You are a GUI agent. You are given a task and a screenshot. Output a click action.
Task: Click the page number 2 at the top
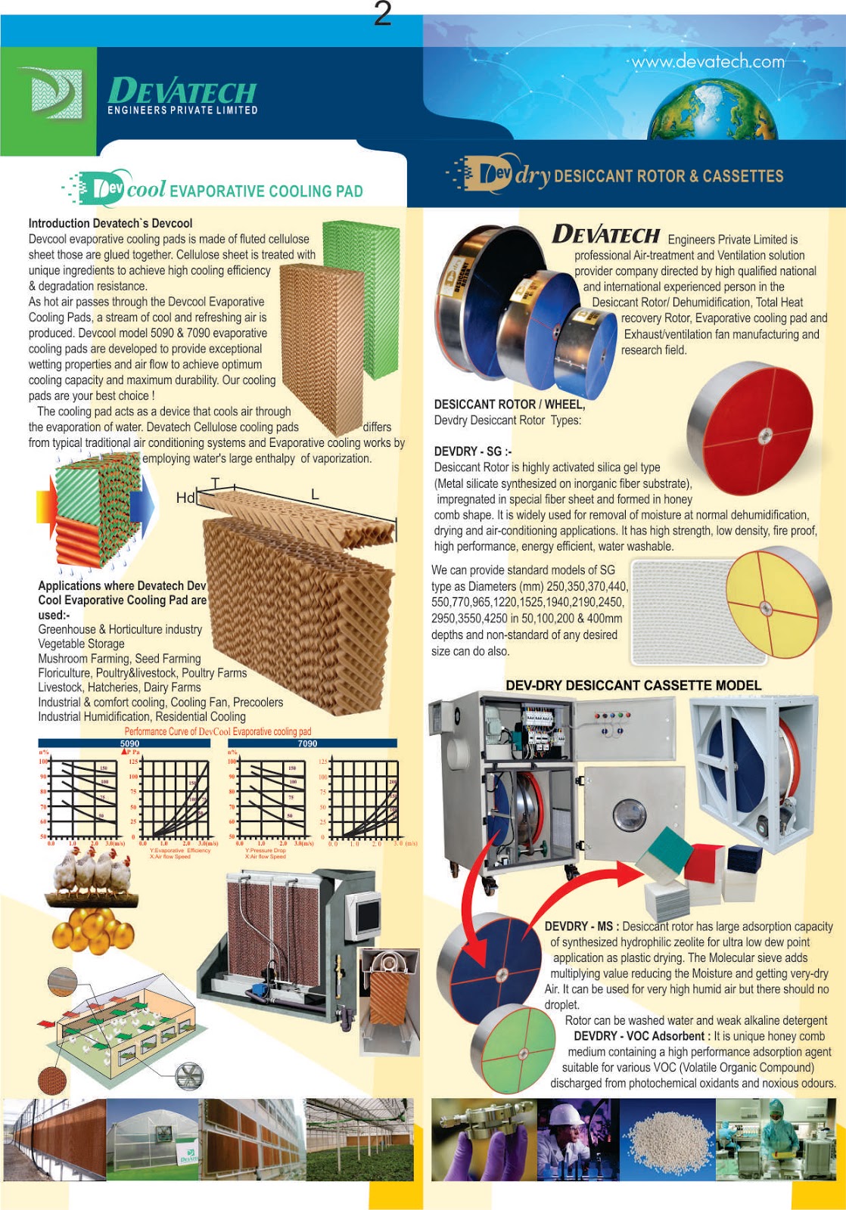(x=383, y=14)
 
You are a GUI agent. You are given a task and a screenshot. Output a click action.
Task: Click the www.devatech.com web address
(x=708, y=61)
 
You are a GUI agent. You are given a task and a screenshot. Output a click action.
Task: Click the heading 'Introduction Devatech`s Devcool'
(x=110, y=223)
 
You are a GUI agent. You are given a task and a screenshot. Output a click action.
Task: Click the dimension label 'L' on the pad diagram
(x=315, y=495)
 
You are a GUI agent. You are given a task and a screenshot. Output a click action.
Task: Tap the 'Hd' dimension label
(x=185, y=498)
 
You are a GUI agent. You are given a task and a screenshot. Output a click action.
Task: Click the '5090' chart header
(x=129, y=743)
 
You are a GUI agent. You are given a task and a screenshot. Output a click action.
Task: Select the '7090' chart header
(x=307, y=743)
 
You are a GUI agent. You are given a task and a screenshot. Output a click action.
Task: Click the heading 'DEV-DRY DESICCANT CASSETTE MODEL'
(x=633, y=685)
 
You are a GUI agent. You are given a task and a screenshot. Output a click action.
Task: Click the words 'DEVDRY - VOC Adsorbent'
(x=639, y=1036)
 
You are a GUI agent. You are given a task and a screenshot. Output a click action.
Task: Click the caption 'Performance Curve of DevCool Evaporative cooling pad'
(x=218, y=731)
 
